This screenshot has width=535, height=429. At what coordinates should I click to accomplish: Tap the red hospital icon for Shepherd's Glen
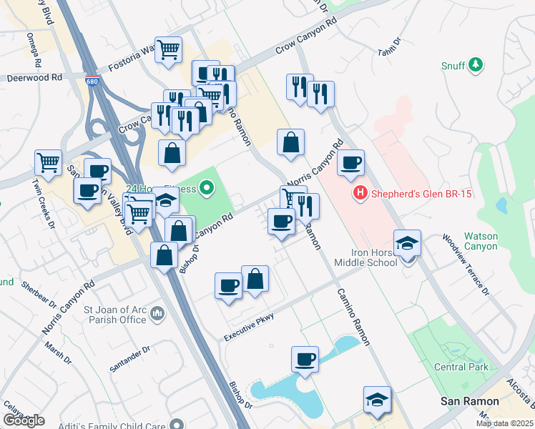coord(360,192)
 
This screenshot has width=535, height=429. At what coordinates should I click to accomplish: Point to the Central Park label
coord(461,367)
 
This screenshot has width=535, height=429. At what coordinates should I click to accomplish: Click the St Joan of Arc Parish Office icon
coord(158,314)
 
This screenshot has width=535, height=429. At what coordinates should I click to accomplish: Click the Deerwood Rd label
coord(34,77)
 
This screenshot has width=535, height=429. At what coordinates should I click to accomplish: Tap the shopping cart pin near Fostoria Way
coord(169,51)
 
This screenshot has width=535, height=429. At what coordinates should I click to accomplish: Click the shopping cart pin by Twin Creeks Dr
coord(48,162)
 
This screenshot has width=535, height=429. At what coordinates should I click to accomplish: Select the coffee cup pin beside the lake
coord(305,359)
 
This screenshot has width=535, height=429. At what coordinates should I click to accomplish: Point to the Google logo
coord(23,420)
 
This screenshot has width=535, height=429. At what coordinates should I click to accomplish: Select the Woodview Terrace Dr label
coord(466,265)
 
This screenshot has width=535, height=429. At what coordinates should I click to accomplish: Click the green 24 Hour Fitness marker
coord(207,189)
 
